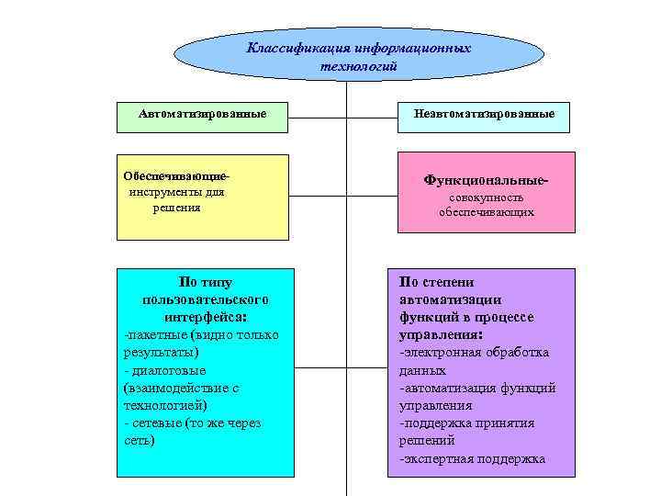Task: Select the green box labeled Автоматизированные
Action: [203, 114]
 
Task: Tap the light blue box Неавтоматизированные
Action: [484, 115]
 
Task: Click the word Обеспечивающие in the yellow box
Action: [173, 175]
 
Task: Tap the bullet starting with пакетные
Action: [202, 334]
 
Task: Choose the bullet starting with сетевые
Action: [194, 423]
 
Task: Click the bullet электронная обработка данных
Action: [475, 353]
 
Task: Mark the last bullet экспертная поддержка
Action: [473, 458]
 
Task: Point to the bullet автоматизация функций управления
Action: [477, 388]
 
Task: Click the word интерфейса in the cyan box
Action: [205, 316]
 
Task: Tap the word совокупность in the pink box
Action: [486, 197]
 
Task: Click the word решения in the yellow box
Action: [176, 209]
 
